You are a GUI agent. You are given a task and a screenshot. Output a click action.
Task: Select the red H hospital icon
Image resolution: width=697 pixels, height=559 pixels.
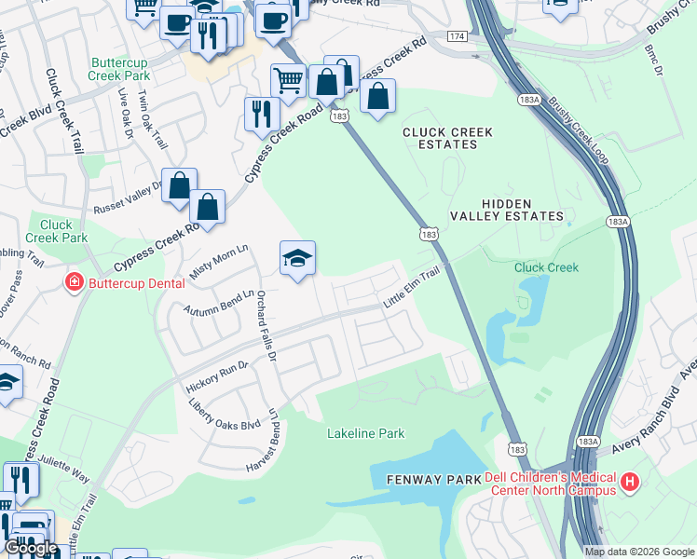(x=631, y=482)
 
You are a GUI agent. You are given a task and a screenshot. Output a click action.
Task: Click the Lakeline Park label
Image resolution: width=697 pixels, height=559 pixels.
(x=365, y=433)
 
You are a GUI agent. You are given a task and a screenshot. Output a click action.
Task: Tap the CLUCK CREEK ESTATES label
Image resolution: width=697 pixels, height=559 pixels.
(x=446, y=139)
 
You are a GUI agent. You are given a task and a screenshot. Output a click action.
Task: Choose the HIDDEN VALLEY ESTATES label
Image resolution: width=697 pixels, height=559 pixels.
(x=522, y=210)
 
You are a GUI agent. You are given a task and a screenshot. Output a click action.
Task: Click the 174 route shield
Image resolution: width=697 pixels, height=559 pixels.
(x=456, y=35)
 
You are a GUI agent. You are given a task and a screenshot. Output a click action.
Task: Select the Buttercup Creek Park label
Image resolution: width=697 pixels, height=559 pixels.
(x=119, y=70)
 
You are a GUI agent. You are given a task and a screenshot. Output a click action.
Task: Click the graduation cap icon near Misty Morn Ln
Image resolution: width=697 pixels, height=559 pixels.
(x=297, y=257)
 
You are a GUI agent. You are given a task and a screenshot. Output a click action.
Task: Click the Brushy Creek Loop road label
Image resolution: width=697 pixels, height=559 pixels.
(x=578, y=130)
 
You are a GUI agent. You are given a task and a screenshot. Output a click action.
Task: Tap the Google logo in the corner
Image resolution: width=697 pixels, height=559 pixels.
(x=32, y=548)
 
